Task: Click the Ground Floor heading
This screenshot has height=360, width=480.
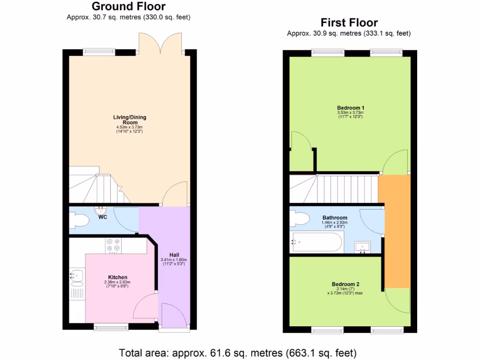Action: pos(128,7)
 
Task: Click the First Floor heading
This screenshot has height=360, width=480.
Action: pos(349,22)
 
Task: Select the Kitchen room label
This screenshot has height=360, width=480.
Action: pos(117,277)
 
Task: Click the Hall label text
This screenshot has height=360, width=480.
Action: pos(173,255)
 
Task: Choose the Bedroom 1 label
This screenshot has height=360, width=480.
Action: pos(350,108)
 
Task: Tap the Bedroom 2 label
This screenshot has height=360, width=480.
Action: pos(345,284)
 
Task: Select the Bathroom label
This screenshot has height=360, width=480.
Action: pos(335,217)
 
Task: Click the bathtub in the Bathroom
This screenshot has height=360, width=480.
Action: pos(315,242)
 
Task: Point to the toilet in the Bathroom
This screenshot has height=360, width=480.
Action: pos(299,218)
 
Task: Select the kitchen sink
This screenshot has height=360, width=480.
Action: pos(76,277)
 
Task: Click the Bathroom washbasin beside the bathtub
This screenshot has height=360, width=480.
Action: pos(363,247)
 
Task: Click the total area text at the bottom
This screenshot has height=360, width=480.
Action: pos(238,352)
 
